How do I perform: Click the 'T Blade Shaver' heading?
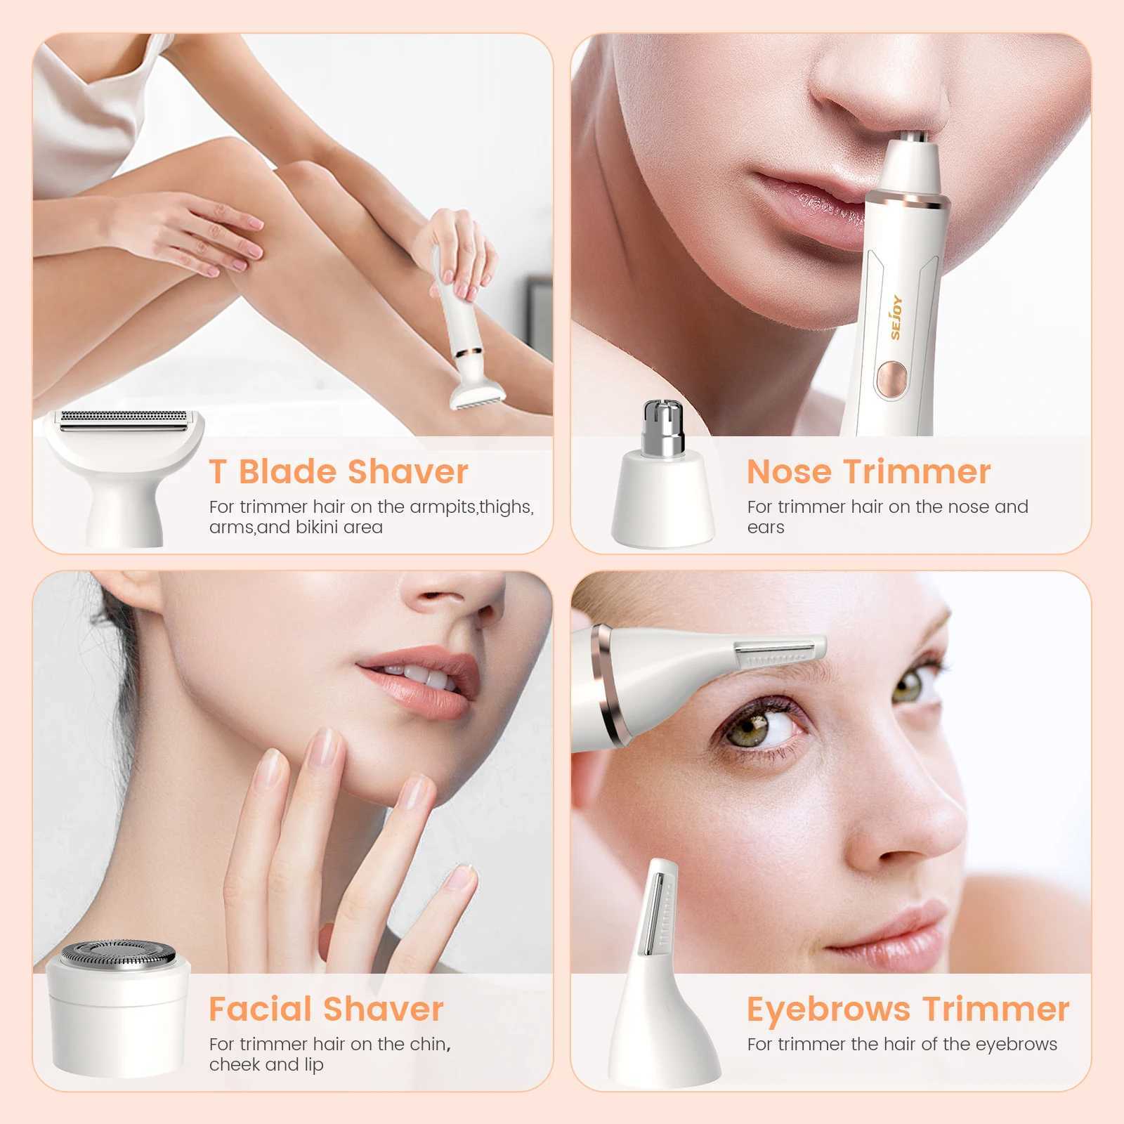[338, 471]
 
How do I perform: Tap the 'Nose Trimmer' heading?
[868, 471]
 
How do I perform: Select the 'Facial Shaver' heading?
[326, 1009]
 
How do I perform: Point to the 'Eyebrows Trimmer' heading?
[908, 1009]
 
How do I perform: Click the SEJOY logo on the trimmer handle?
[897, 317]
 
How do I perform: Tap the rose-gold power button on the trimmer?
[891, 377]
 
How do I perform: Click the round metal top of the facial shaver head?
[117, 955]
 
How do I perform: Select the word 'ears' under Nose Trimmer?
[766, 528]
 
